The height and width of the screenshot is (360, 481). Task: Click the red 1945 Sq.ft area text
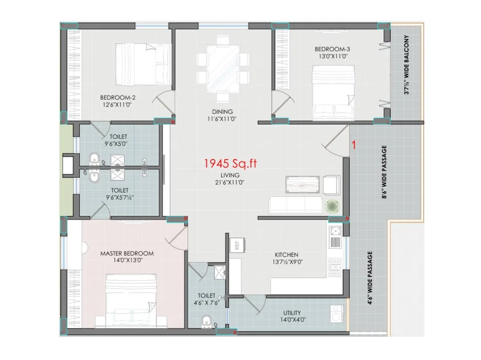pyautogui.click(x=230, y=164)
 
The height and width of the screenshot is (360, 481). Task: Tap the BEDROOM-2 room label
pyautogui.click(x=118, y=98)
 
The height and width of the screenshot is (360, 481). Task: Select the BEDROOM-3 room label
pyautogui.click(x=332, y=49)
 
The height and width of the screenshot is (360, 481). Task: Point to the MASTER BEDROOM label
pyautogui.click(x=127, y=254)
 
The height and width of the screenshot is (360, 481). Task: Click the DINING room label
pyautogui.click(x=222, y=112)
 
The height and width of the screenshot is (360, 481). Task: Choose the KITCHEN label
pyautogui.click(x=287, y=255)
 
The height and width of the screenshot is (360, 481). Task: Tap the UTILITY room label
pyautogui.click(x=292, y=313)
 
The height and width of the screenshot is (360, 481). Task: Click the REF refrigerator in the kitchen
pyautogui.click(x=237, y=245)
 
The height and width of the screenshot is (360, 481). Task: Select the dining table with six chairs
pyautogui.click(x=223, y=69)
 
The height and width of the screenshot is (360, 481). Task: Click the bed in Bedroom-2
pyautogui.click(x=144, y=64)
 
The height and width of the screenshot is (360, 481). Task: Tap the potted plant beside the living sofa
pyautogui.click(x=332, y=206)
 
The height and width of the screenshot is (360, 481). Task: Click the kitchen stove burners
pyautogui.click(x=335, y=267)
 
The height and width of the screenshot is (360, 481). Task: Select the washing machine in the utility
pyautogui.click(x=337, y=314)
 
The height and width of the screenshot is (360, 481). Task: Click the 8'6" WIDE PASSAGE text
pyautogui.click(x=384, y=172)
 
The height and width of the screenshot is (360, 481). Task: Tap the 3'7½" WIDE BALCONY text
pyautogui.click(x=406, y=65)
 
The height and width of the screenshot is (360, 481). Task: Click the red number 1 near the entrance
pyautogui.click(x=354, y=145)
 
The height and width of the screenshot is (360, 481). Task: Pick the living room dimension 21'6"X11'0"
pyautogui.click(x=230, y=183)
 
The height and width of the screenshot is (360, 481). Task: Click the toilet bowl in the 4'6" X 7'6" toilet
pyautogui.click(x=206, y=321)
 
